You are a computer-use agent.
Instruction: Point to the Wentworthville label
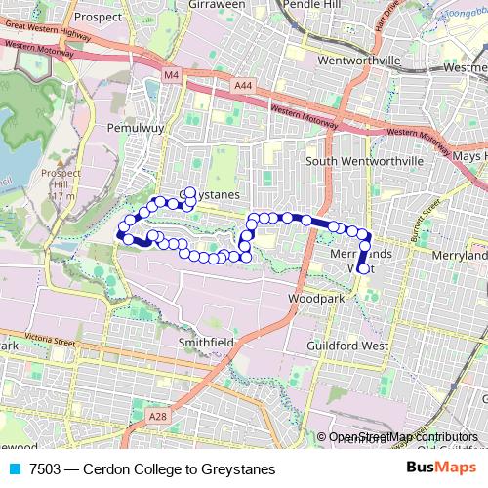click(x=361, y=61)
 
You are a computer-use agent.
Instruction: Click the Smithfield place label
click(x=205, y=344)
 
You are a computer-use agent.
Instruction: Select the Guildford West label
click(x=347, y=346)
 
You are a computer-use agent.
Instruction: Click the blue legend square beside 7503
click(x=14, y=469)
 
